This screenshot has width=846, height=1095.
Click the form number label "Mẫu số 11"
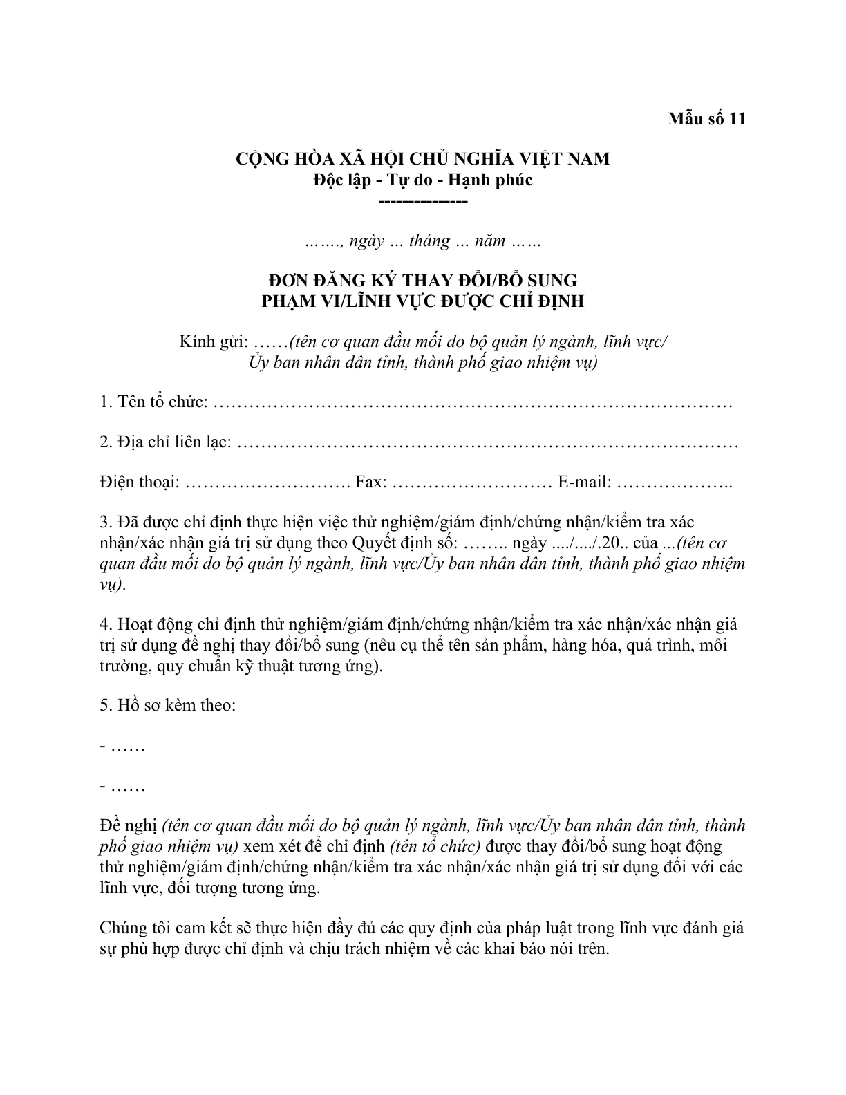[706, 119]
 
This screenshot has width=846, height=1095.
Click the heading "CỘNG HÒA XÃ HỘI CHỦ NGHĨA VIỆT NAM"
[423, 159]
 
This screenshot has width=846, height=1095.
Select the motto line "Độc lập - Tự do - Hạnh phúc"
[423, 180]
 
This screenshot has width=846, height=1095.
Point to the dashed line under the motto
[423, 200]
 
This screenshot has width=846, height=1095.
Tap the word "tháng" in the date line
[429, 241]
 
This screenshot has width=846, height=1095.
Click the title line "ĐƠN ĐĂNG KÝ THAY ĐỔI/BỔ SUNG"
[423, 281]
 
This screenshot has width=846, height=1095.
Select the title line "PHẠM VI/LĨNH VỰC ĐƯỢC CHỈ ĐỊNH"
[423, 301]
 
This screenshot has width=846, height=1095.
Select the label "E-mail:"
[584, 483]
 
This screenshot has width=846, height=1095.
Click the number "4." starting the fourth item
[106, 625]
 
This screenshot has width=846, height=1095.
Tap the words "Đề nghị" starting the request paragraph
[129, 826]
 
